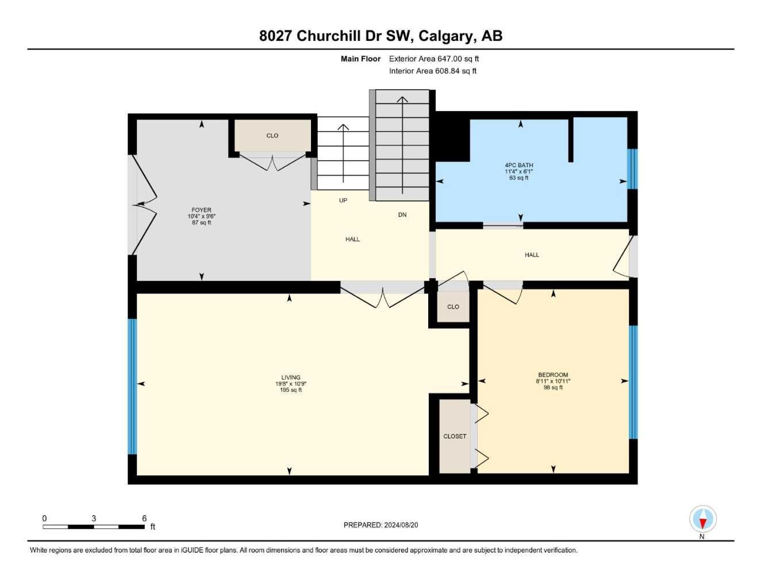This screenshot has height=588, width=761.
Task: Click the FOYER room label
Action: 201,210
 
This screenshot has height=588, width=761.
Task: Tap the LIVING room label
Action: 291,378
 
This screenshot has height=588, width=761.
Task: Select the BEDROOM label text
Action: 553,375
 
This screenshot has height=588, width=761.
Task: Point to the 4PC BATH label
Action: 518,166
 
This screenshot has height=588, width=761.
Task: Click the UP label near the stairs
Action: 343,201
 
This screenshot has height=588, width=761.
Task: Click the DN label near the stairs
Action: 402,215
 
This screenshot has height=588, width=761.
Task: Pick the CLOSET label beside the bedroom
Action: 455,436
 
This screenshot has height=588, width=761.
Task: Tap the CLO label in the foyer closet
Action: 272,136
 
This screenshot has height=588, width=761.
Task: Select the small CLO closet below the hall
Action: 453,306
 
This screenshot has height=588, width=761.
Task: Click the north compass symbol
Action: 702,520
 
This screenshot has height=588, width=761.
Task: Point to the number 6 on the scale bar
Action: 144,518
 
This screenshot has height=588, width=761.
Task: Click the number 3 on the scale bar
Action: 94,518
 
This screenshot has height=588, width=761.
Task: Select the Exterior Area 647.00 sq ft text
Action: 433,59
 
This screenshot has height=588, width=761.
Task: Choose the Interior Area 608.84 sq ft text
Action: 432,71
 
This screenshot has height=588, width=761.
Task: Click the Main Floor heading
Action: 360,59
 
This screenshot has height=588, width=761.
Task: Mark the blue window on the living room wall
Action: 132,386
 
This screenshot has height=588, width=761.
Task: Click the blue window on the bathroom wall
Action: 632,169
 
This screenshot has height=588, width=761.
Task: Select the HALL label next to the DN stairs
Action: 353,239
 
